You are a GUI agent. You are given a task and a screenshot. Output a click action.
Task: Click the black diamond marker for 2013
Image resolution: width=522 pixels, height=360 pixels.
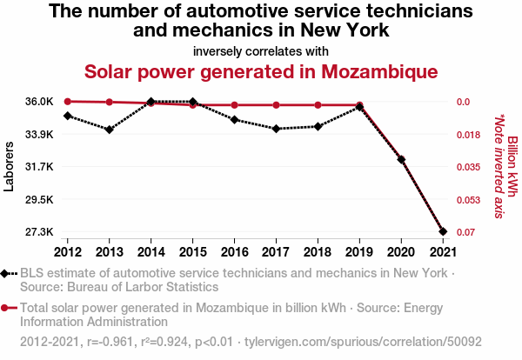pos(109,130)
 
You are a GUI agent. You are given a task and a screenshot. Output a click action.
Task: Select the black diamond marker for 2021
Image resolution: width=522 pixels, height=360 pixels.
pos(444,232)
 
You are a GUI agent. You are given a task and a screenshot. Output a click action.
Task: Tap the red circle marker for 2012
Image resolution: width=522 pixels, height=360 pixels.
pos(67,102)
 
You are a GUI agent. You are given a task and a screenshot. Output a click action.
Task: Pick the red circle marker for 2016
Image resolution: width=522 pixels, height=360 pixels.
pos(235,105)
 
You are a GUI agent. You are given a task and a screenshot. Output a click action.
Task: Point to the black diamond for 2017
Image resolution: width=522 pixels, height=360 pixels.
pos(277,129)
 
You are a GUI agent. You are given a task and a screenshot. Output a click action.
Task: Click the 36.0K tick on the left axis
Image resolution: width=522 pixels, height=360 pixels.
pos(38,102)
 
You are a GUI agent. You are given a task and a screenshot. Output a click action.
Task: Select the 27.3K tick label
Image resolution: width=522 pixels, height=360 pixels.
pos(38,232)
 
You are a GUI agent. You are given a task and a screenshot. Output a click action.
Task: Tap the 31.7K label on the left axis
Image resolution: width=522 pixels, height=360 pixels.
pos(38,167)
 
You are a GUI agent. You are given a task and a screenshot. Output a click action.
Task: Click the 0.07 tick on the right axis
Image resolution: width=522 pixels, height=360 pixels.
pos(469,232)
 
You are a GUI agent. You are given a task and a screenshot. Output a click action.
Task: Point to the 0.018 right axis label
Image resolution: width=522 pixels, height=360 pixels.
pos(471,135)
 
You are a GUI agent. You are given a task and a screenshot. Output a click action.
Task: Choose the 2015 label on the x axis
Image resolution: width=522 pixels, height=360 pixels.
pos(193,252)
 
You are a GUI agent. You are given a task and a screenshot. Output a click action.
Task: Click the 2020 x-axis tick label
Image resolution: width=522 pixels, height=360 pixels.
pos(402,252)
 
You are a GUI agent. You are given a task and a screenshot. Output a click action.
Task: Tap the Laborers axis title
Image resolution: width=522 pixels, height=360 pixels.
pos(10,167)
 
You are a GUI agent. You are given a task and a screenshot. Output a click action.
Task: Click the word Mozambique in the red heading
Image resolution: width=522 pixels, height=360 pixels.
pos(364,70)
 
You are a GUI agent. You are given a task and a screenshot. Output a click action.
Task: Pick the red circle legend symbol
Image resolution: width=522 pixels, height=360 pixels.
pos(9,308)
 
